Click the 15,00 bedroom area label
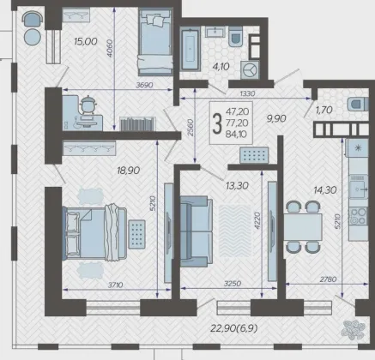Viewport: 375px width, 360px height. [86, 41]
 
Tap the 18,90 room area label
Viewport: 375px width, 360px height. [129, 171]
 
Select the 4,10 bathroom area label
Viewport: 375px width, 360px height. [221, 67]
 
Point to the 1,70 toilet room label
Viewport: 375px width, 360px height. [324, 110]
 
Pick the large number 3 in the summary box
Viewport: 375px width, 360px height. [217, 123]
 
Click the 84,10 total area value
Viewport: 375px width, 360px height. [236, 135]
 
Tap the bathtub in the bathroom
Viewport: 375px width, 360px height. [190, 49]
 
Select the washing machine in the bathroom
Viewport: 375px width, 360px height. [250, 69]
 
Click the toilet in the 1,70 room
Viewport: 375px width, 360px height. [358, 104]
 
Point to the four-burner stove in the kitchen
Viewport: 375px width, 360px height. [358, 216]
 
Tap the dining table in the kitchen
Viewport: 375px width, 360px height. [303, 227]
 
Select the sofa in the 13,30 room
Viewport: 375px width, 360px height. [196, 231]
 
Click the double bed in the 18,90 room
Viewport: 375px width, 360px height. [94, 233]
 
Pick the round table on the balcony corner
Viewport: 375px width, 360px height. [32, 37]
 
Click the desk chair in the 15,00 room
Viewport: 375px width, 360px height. [88, 105]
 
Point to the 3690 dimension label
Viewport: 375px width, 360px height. [144, 85]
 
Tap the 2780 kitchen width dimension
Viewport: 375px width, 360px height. [328, 279]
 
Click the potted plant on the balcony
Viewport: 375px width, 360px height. [354, 330]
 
